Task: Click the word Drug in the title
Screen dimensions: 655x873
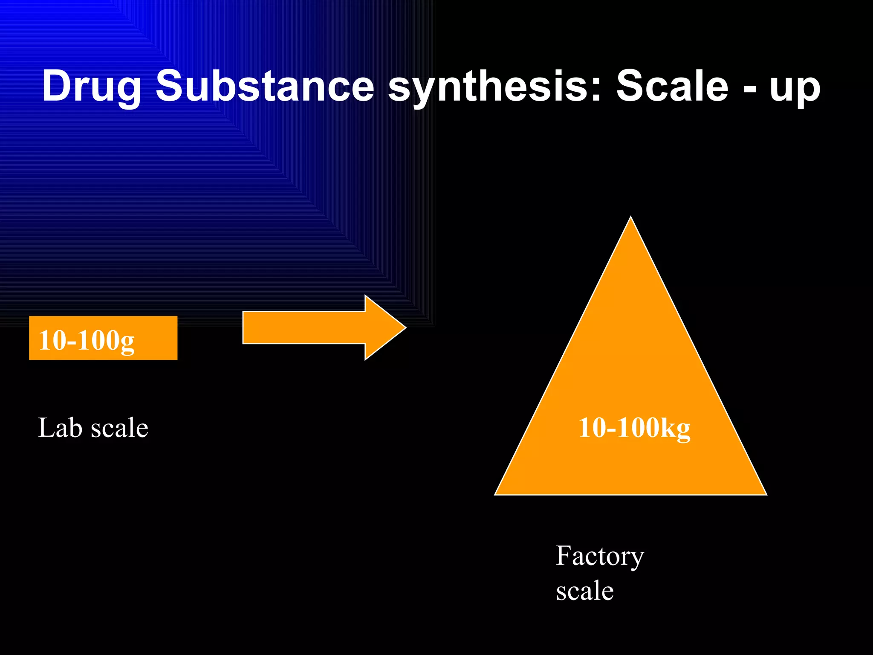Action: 91,87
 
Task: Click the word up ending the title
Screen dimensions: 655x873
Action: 795,90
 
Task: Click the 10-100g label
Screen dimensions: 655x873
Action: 87,340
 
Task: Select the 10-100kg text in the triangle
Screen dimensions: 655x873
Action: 634,428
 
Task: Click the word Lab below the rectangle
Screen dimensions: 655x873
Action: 60,428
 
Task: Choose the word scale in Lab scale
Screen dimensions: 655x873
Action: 119,428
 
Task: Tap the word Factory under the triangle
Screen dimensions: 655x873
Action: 600,556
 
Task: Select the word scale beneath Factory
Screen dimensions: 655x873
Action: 585,591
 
